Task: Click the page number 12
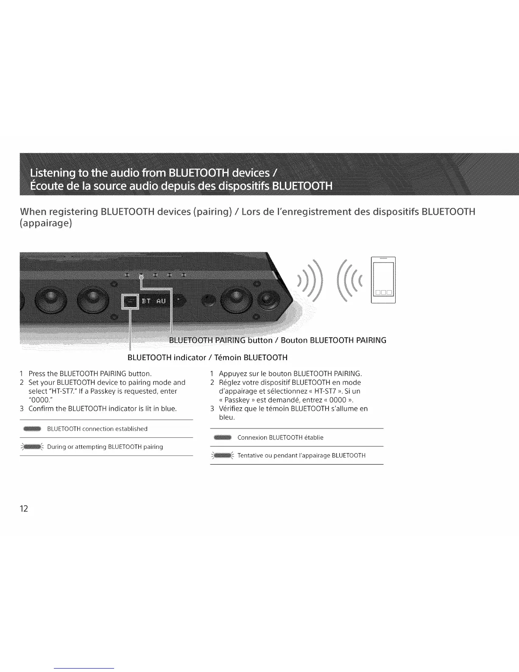pyautogui.click(x=24, y=509)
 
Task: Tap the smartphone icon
pyautogui.click(x=383, y=280)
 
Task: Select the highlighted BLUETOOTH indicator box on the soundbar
pyautogui.click(x=129, y=302)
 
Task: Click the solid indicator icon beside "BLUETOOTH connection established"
pyautogui.click(x=32, y=428)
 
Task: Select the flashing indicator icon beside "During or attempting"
pyautogui.click(x=32, y=447)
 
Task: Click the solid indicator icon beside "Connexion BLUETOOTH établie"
pyautogui.click(x=223, y=437)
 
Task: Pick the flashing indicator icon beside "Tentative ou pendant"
pyautogui.click(x=223, y=456)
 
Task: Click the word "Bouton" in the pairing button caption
pyautogui.click(x=294, y=340)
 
